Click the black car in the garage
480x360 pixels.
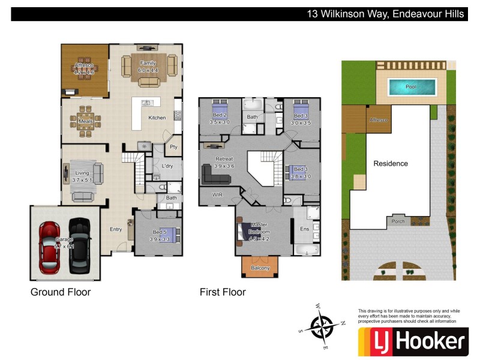[x=79, y=244]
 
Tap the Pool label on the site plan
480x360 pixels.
[x=410, y=87]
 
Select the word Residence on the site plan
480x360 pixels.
[x=391, y=163]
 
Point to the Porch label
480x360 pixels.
[x=397, y=221]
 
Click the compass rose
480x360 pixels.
[x=322, y=326]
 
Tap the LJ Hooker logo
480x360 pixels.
[x=412, y=342]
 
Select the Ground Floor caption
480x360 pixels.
[x=61, y=292]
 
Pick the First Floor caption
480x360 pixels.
[x=223, y=292]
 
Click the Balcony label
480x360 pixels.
[x=260, y=268]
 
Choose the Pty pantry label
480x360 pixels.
[x=173, y=146]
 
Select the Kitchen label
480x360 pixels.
[x=157, y=118]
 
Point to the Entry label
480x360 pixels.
[x=116, y=229]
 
